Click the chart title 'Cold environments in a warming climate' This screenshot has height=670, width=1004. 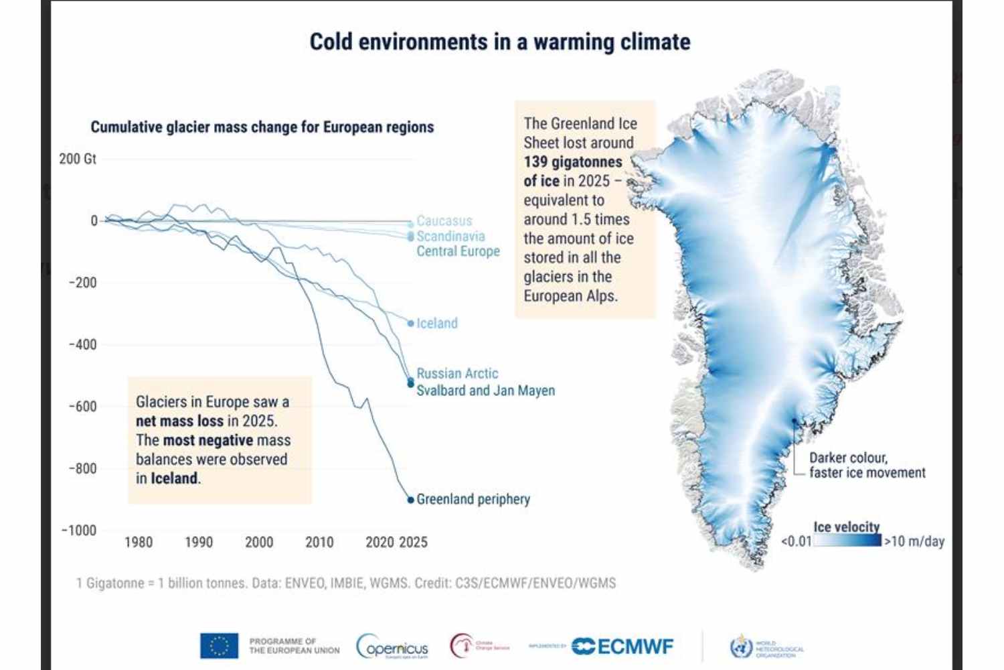click(499, 42)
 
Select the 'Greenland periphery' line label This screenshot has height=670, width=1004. click(473, 499)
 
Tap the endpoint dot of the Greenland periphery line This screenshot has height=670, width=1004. click(411, 500)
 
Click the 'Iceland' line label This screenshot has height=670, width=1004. click(437, 323)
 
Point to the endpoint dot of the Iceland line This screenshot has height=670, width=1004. click(411, 323)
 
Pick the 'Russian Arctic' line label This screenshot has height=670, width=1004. click(457, 373)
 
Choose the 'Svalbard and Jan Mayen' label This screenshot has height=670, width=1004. click(485, 390)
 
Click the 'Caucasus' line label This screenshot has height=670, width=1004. click(444, 220)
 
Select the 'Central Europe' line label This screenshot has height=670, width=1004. click(458, 251)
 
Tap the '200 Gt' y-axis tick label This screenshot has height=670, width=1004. click(78, 159)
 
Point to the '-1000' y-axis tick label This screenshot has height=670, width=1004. click(79, 530)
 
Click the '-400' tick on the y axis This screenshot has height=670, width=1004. click(82, 344)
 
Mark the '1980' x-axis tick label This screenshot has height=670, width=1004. click(139, 542)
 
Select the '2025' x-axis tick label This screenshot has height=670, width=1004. click(413, 542)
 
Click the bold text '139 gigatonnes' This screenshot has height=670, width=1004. click(572, 161)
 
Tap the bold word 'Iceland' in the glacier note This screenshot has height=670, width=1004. click(174, 478)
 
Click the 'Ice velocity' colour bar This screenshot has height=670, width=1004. click(847, 540)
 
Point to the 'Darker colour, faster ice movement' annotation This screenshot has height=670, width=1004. click(867, 465)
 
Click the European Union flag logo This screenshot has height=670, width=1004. click(219, 646)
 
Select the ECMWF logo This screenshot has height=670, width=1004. click(622, 646)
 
